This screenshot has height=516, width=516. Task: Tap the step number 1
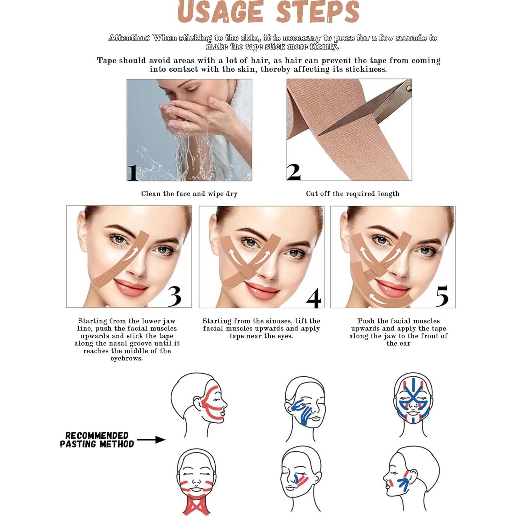pyautogui.click(x=132, y=173)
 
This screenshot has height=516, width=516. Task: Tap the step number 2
pyautogui.click(x=294, y=172)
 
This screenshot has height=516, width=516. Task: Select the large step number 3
pyautogui.click(x=174, y=296)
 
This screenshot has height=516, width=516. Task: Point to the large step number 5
pyautogui.click(x=442, y=296)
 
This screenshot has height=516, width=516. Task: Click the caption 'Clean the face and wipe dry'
pyautogui.click(x=189, y=194)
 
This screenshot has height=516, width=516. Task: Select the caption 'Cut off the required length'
pyautogui.click(x=352, y=194)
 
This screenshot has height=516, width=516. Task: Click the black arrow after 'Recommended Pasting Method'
pyautogui.click(x=151, y=439)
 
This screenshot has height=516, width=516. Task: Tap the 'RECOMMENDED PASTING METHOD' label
pyautogui.click(x=97, y=440)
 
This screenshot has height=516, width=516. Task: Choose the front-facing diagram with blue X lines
pyautogui.click(x=413, y=402)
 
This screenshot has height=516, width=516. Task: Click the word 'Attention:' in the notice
pyautogui.click(x=129, y=38)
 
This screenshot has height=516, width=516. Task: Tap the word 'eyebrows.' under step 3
pyautogui.click(x=127, y=359)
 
